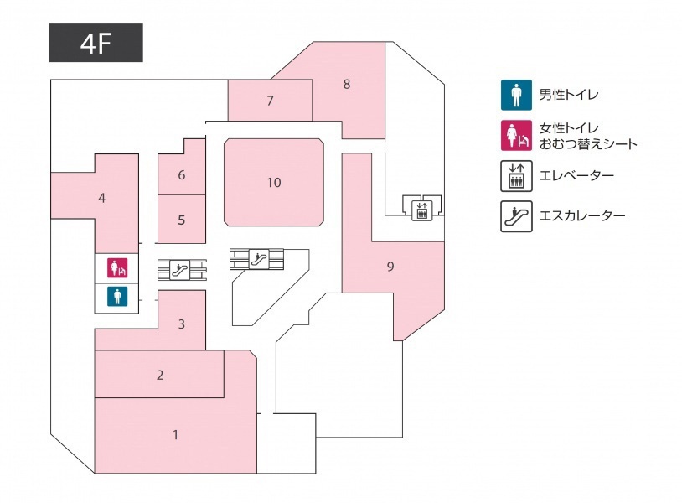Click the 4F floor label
(96, 43)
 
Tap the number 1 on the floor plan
(175, 435)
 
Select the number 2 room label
(160, 375)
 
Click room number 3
(181, 324)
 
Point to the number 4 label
(101, 199)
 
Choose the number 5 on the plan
(181, 220)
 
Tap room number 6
(181, 175)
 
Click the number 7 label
(270, 101)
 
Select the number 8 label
(347, 84)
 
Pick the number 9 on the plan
(390, 267)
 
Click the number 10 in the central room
(274, 182)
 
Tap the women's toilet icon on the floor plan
(117, 267)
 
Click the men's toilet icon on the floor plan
(117, 296)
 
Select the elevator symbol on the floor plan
(422, 210)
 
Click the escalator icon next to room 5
(179, 270)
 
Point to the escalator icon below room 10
(258, 259)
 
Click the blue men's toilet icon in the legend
(516, 95)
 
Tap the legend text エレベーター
(576, 175)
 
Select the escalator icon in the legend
(516, 216)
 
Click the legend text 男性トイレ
(569, 95)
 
